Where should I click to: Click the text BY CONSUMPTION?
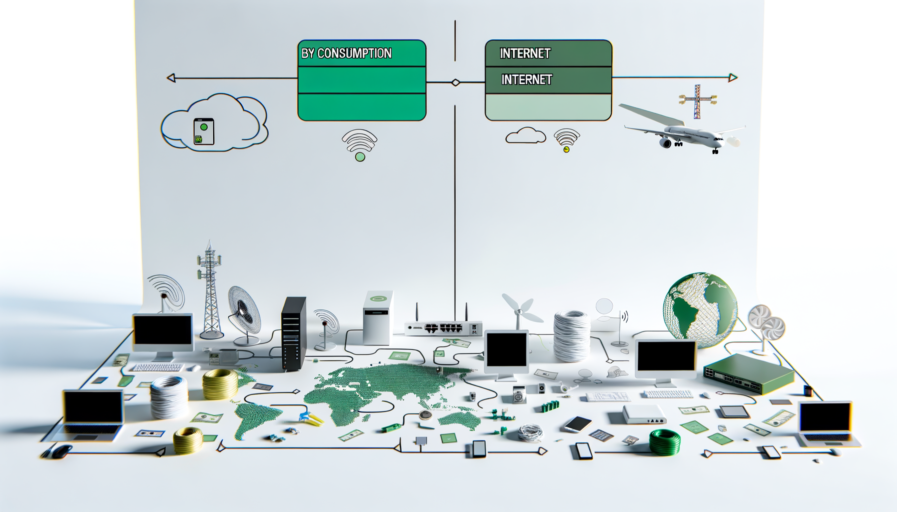point(346,53)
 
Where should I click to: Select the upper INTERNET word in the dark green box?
point(525,53)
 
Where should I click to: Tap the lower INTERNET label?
point(527,79)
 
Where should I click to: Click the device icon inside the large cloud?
point(204,132)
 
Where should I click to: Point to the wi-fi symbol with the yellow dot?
point(567,140)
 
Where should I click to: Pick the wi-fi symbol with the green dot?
point(359,145)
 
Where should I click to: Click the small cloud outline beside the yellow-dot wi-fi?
point(525,135)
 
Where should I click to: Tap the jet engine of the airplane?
point(666,143)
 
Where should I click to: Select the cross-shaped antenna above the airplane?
point(697,100)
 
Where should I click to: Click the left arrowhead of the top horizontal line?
point(171,78)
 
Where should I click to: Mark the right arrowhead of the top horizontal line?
point(733,77)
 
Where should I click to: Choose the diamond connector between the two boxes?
point(456,82)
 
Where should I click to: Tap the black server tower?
point(293,333)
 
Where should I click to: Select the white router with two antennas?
point(443,327)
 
